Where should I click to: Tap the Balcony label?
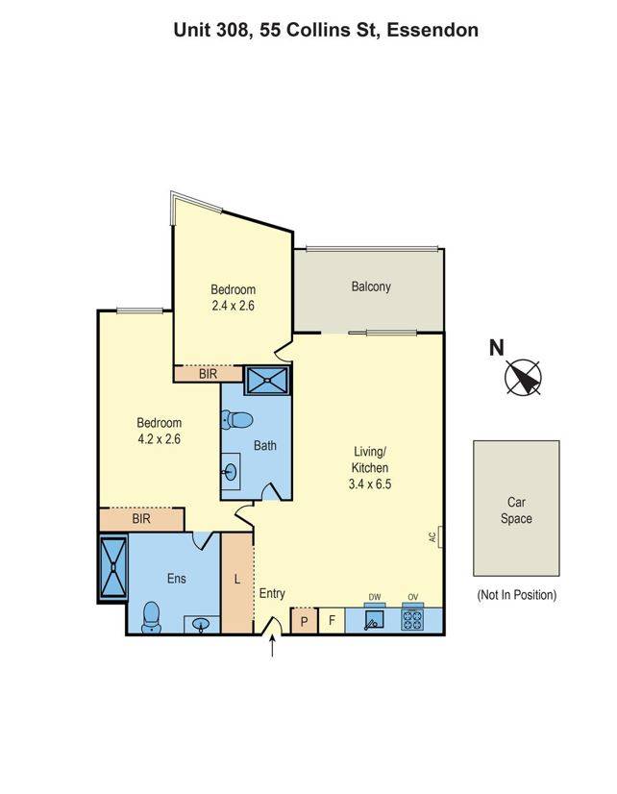[x=371, y=286]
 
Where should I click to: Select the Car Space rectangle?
[x=515, y=509]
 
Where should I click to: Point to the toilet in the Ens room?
[x=151, y=617]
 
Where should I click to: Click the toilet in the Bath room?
[x=236, y=420]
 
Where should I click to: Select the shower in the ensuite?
[x=112, y=567]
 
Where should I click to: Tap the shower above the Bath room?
[x=266, y=381]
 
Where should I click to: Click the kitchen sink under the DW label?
[x=375, y=620]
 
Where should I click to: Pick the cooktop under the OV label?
[x=412, y=620]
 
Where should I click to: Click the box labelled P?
[x=304, y=621]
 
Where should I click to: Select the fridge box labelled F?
[x=332, y=621]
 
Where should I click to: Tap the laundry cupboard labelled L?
[x=236, y=581]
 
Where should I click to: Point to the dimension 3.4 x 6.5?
[x=370, y=484]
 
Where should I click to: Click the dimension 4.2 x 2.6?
[x=159, y=438]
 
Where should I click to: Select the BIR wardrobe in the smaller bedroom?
[x=208, y=374]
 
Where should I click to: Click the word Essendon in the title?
[x=433, y=30]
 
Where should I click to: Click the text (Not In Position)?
[x=516, y=595]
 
